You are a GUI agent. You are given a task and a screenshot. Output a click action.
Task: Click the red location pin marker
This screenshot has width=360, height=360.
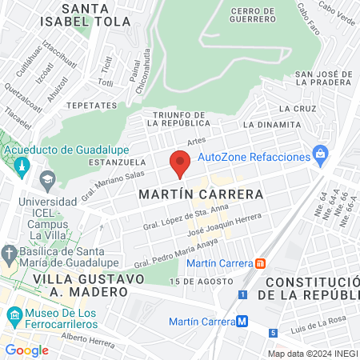(x=180, y=163)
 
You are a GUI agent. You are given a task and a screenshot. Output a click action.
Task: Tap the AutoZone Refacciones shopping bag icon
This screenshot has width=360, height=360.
(x=320, y=153)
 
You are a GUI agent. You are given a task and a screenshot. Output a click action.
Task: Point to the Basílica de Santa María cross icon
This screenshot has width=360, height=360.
(x=9, y=254)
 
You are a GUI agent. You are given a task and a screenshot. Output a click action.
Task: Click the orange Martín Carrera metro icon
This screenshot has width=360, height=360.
(x=260, y=263)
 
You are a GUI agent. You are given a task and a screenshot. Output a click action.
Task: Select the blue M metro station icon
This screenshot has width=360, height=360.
(x=242, y=322)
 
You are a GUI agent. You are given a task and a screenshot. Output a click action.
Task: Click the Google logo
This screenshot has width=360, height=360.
(x=26, y=350)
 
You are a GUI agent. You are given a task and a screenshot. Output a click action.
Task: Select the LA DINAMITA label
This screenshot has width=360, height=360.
(x=272, y=125)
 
